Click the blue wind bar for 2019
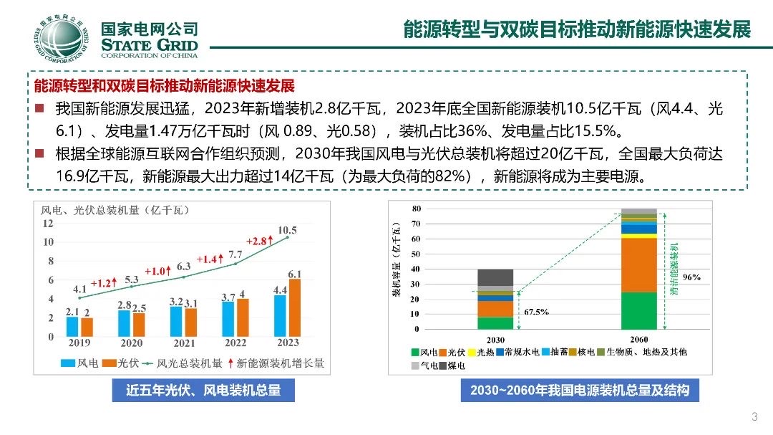click(72, 326)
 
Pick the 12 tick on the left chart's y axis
click(48, 224)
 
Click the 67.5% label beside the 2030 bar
click(537, 312)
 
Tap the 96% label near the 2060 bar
click(691, 277)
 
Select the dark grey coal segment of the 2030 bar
click(495, 277)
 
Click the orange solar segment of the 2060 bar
click(639, 264)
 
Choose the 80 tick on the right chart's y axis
click(415, 209)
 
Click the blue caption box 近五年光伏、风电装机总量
click(203, 391)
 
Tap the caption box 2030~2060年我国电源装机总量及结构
click(580, 391)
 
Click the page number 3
click(754, 418)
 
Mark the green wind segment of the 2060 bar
click(639, 310)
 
